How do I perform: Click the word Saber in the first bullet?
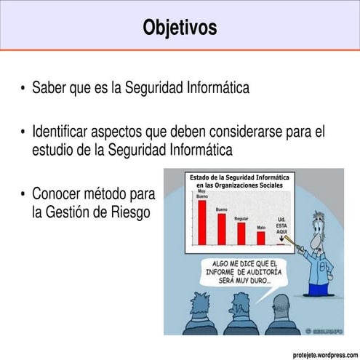49,89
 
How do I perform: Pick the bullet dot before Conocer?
23,195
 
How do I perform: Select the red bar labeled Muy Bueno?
202,222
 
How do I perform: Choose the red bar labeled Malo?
261,237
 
